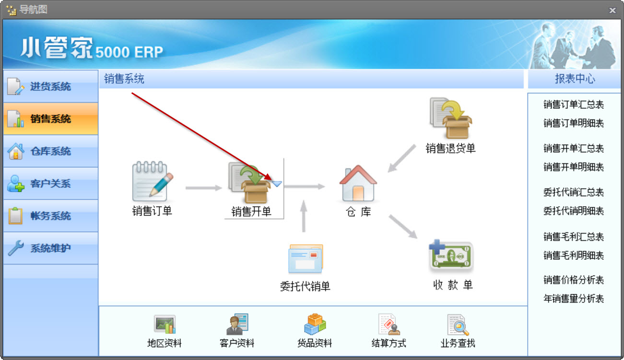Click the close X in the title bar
pos(612,10)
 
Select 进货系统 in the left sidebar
pos(51,87)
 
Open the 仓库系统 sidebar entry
pos(51,151)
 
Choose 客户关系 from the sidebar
pos(51,184)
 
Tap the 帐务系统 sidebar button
pos(51,216)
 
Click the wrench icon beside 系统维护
pos(16,247)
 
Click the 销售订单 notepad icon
pos(152,181)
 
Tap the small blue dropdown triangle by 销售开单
pos(277,184)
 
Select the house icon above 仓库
pos(358,183)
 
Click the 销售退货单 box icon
pos(450,118)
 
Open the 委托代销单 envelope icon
pos(306,259)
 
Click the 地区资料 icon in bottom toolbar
pos(165,325)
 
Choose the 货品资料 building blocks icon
pos(315,324)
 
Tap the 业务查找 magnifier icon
pos(458,325)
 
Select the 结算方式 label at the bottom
pos(389,343)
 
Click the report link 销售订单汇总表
pos(574,105)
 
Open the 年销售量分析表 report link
pos(574,299)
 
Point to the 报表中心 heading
pos(575,79)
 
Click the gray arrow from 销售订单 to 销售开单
pos(204,188)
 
